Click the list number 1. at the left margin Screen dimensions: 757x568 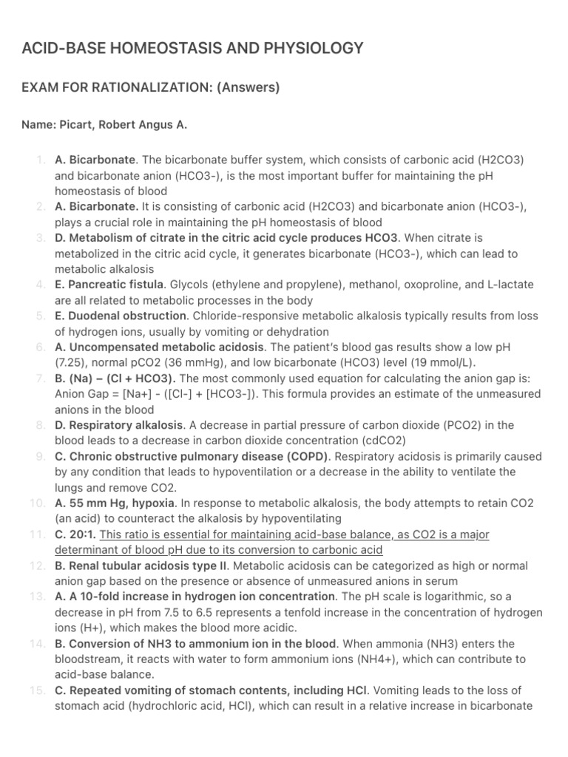tap(41, 160)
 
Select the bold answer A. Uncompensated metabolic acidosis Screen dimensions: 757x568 tap(159, 347)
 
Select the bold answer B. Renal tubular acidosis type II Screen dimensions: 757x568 tap(142, 566)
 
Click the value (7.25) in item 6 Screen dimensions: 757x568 tap(72, 362)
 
